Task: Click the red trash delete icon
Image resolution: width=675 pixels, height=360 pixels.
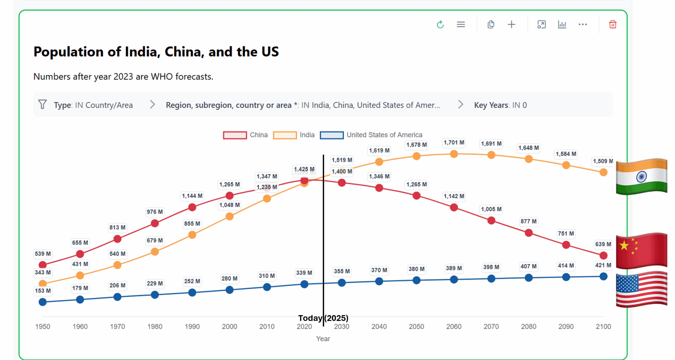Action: (612, 25)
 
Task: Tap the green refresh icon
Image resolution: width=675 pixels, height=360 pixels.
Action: (440, 25)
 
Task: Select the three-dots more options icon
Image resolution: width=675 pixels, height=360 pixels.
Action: (583, 25)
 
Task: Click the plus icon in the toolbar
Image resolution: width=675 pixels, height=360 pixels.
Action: (512, 25)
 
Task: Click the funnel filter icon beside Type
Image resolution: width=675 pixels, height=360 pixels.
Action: (43, 104)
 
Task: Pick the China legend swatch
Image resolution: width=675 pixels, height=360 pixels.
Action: (235, 135)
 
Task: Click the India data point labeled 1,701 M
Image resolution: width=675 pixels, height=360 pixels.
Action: (454, 154)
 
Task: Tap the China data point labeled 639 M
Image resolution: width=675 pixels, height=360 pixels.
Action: (603, 255)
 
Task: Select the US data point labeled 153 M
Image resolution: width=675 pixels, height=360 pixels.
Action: (43, 302)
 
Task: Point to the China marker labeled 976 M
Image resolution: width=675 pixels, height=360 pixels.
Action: (155, 223)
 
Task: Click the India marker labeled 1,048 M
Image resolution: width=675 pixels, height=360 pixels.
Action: (230, 217)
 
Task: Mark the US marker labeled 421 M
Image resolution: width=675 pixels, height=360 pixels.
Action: (603, 276)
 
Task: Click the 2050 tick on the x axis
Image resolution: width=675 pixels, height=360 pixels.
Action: (416, 326)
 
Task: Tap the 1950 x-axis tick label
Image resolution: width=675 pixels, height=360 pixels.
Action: (43, 326)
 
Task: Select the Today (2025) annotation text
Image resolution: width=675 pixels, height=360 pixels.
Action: (323, 318)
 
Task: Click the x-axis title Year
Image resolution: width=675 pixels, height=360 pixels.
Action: (323, 339)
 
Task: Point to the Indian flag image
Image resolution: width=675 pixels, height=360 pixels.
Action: (641, 176)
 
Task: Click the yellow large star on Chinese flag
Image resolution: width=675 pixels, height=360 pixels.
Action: (624, 245)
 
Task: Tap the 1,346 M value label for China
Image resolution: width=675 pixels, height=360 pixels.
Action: (379, 176)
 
